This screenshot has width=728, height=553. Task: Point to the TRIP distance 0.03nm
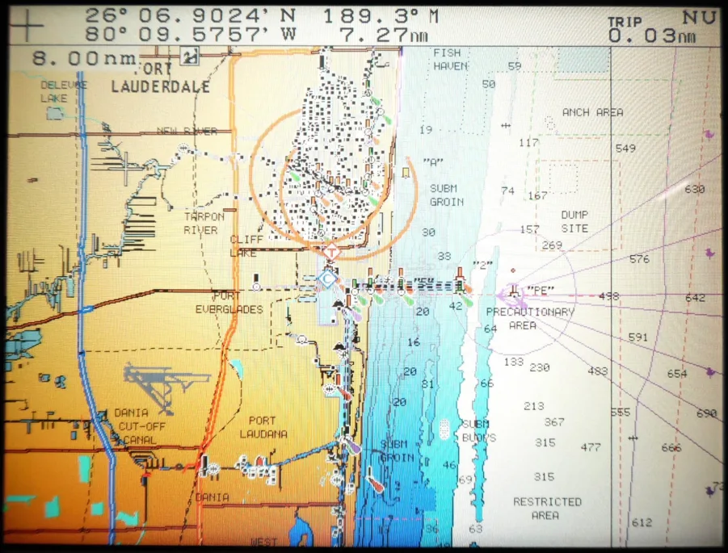pyautogui.click(x=653, y=36)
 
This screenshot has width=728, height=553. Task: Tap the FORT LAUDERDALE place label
pyautogui.click(x=161, y=78)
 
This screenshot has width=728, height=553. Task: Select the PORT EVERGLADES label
pyautogui.click(x=229, y=302)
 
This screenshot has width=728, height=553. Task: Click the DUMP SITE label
pyautogui.click(x=574, y=222)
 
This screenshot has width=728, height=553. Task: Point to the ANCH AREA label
pyautogui.click(x=593, y=112)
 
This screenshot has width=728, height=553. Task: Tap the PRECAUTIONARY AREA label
pyautogui.click(x=530, y=318)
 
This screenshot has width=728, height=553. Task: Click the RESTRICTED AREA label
pyautogui.click(x=547, y=508)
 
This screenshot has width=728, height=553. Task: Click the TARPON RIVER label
pyautogui.click(x=204, y=223)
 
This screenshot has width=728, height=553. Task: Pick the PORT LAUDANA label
pyautogui.click(x=262, y=427)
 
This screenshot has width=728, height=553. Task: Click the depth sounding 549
pyautogui.click(x=625, y=149)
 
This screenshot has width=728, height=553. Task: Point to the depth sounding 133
pyautogui.click(x=514, y=362)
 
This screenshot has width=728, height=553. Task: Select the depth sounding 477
pyautogui.click(x=591, y=446)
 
